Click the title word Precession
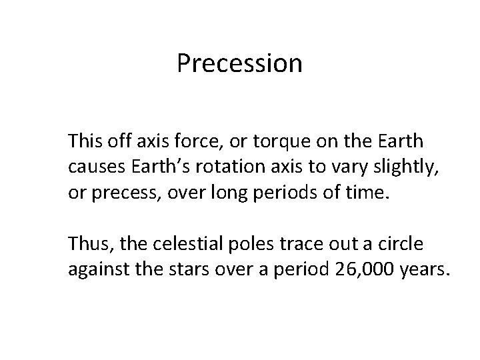click(x=239, y=64)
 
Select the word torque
click(x=275, y=142)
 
